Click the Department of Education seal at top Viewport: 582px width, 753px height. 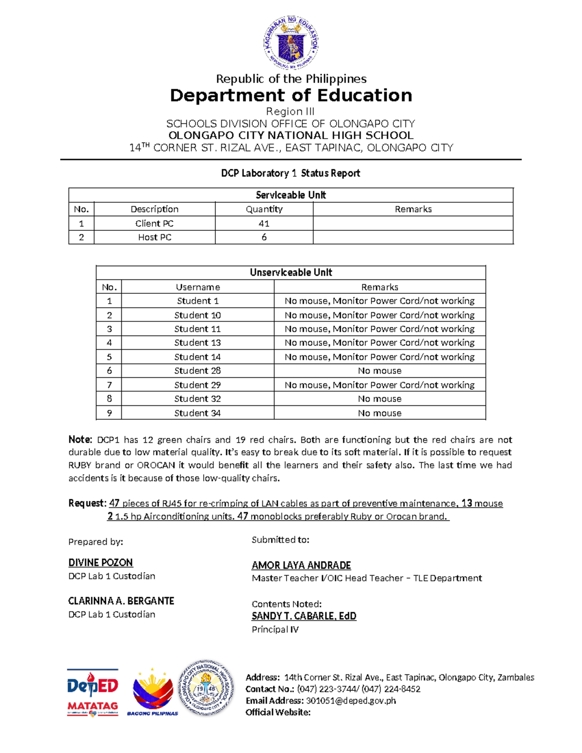(291, 42)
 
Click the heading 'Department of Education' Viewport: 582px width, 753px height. (291, 96)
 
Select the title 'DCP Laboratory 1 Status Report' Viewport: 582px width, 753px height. (291, 173)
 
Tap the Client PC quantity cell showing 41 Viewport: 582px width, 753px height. (264, 224)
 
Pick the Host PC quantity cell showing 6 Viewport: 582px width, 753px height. (264, 237)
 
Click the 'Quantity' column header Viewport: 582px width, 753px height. (264, 209)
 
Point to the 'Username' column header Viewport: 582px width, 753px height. (197, 287)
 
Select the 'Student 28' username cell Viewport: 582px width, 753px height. (197, 370)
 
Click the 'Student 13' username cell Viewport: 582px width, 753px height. (197, 342)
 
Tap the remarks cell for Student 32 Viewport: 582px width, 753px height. (379, 399)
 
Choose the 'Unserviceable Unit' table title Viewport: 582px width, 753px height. (291, 272)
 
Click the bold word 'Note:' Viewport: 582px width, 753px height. (80, 440)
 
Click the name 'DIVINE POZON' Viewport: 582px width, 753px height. (100, 562)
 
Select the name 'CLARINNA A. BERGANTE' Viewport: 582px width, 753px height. (121, 601)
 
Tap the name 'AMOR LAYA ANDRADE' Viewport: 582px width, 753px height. (301, 565)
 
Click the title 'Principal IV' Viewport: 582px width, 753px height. (275, 629)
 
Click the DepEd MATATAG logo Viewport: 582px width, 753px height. (93, 692)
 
